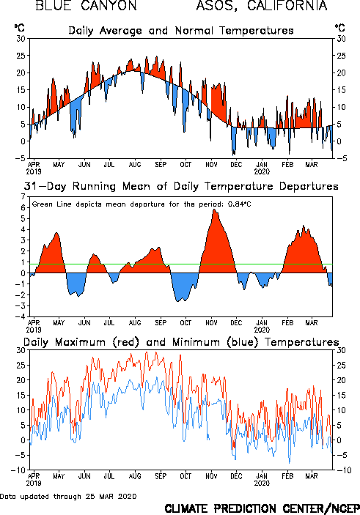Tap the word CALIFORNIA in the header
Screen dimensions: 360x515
point(287,5)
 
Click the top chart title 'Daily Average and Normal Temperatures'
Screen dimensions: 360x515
point(181,31)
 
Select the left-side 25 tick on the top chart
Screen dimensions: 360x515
point(21,56)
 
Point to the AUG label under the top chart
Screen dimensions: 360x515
point(135,164)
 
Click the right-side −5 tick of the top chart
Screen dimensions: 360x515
point(340,158)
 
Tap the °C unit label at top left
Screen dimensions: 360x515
point(19,28)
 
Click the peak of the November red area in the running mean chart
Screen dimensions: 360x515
point(214,210)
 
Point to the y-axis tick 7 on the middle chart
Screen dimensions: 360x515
point(23,196)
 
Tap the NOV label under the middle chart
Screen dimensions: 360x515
point(211,322)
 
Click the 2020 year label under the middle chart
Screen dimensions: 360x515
point(262,330)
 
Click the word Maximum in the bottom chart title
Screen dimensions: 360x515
point(80,342)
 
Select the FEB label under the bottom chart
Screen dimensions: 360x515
point(287,476)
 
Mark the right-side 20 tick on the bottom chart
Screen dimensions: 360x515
point(341,380)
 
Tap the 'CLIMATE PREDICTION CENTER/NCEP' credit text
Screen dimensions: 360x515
point(262,508)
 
